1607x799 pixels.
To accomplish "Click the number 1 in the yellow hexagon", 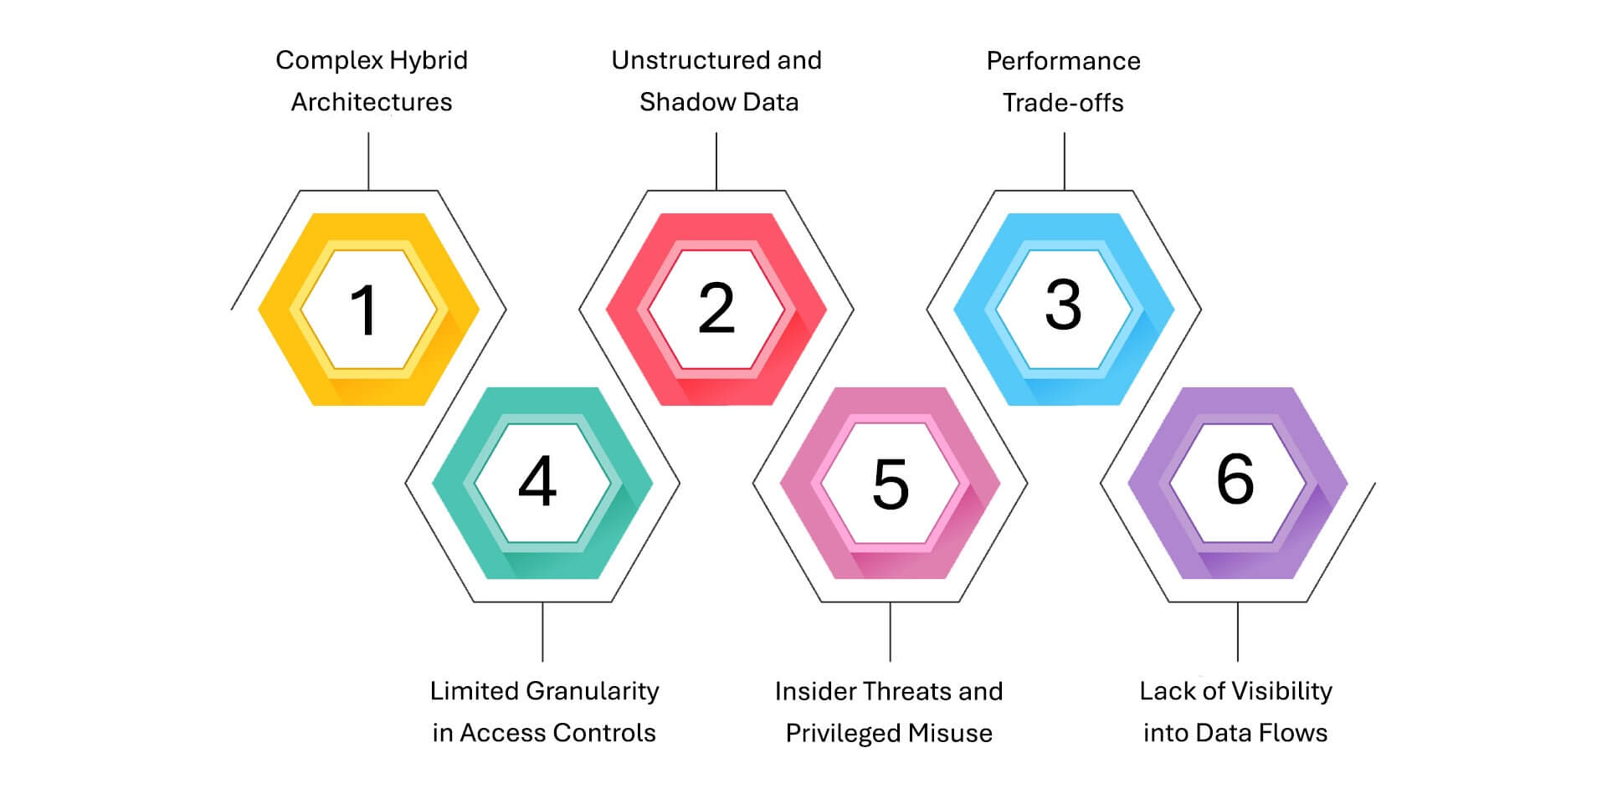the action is click(365, 310).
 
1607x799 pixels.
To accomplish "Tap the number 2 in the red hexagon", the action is click(716, 309).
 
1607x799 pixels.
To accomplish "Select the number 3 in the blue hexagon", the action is click(1064, 305).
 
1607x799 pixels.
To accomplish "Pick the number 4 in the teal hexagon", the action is click(537, 481).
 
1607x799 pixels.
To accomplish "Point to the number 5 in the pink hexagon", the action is click(891, 484).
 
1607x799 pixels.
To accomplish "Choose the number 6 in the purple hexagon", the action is click(1236, 479).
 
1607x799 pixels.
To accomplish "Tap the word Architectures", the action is click(372, 102).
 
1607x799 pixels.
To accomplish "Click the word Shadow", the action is click(679, 102).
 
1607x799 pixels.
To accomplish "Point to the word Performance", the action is click(1063, 61).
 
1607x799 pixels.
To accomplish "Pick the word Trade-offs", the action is click(1063, 103).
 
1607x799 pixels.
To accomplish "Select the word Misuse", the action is click(950, 734).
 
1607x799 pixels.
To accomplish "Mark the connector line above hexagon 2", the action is click(716, 161).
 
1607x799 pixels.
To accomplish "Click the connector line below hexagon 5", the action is click(890, 632).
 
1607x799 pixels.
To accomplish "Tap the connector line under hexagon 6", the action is click(1238, 632).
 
